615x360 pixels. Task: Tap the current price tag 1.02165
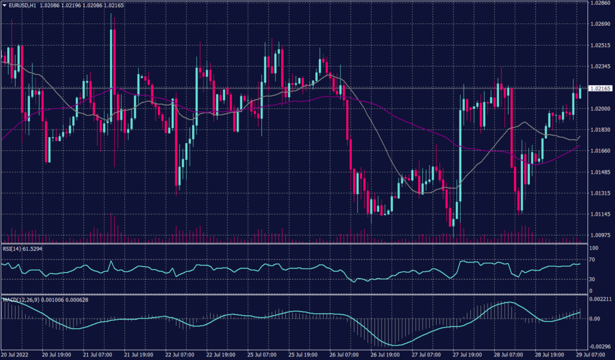coord(601,88)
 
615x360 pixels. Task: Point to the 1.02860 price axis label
coord(601,3)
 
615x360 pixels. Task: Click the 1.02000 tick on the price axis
coord(601,109)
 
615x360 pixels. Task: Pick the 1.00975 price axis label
coord(601,236)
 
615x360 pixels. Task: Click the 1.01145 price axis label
coord(601,215)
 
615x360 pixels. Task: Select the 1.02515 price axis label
coord(601,46)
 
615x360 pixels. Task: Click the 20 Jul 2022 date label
coord(15,355)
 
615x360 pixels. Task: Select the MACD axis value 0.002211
coord(601,299)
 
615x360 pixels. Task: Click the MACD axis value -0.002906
coord(601,346)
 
